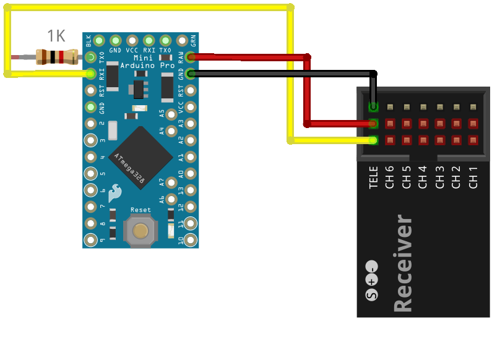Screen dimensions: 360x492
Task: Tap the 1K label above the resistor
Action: coord(56,36)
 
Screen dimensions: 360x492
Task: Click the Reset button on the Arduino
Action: coord(140,231)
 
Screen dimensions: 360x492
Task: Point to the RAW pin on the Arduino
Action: coord(191,58)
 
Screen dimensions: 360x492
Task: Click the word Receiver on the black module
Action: coord(402,263)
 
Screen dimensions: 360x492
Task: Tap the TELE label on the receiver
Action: coord(373,177)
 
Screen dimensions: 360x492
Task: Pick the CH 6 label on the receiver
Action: coord(390,177)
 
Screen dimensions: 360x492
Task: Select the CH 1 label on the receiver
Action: coord(473,177)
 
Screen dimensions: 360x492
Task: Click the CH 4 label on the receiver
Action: coord(423,177)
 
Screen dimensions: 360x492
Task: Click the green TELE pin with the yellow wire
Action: coord(373,140)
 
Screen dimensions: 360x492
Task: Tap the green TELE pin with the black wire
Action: coord(373,106)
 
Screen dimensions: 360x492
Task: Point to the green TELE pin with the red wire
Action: coord(373,123)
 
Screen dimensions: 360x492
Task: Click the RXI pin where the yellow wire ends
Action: coord(91,74)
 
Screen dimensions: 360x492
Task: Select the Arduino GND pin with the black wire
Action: coord(191,74)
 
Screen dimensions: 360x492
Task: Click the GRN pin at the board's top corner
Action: coord(182,41)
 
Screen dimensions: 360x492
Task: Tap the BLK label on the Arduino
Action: coord(89,41)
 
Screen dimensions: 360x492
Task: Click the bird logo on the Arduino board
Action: coord(114,194)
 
